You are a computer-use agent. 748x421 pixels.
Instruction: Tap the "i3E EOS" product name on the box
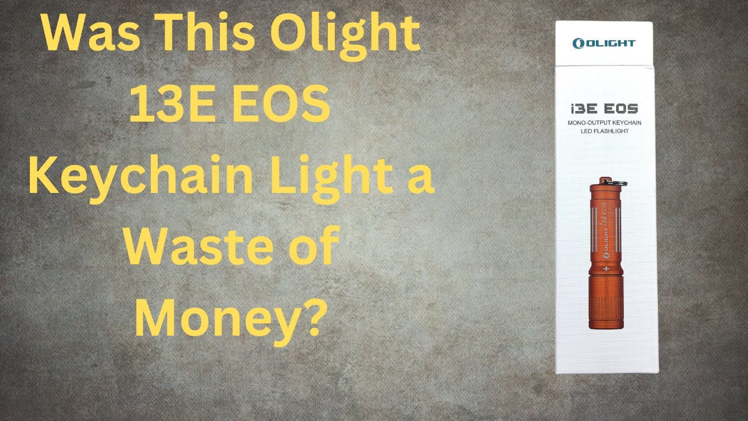pos(605,108)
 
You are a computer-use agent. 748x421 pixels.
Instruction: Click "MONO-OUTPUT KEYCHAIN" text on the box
pos(605,122)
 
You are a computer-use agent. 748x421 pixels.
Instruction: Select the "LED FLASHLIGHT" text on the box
pos(605,131)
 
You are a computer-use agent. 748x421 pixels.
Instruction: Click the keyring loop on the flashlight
pos(623,166)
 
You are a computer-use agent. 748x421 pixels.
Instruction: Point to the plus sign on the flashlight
pos(605,268)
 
